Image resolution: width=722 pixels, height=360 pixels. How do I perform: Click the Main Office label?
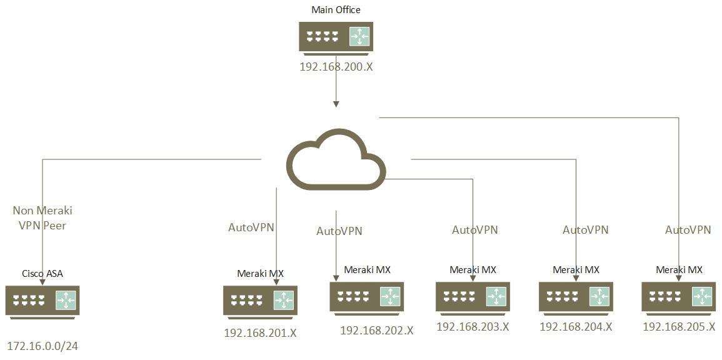point(336,10)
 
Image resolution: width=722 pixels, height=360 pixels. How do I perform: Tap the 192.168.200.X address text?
point(336,66)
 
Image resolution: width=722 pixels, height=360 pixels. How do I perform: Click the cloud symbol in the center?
point(336,159)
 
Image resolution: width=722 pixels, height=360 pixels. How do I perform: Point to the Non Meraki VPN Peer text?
point(43,218)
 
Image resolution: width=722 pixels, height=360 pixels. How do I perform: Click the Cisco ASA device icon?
point(43,301)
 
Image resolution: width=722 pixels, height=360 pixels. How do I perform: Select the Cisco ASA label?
point(43,274)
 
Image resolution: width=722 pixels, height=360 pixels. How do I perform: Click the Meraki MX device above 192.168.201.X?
point(261,301)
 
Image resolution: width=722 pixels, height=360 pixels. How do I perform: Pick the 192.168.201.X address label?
point(260,333)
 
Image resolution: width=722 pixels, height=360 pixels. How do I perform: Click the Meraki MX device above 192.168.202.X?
point(367,296)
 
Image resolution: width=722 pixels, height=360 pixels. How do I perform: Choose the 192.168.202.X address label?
point(376,330)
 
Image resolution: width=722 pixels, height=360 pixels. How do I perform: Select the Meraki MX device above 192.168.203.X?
point(473,296)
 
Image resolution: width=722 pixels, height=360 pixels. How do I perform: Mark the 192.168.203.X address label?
point(473,326)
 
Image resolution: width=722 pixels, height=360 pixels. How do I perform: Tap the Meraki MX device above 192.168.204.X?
point(576,296)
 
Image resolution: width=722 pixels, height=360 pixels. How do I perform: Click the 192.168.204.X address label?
point(576,326)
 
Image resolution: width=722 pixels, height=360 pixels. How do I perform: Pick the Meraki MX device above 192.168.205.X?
point(679,296)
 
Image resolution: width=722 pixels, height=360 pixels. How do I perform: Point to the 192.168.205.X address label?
point(679,326)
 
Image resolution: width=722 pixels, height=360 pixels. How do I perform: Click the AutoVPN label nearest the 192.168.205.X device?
point(688,230)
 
